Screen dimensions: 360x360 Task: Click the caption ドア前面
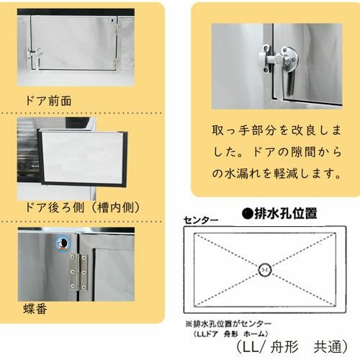coord(48,101)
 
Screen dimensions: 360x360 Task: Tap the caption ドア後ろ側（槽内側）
coord(83,207)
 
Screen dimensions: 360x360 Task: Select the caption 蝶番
coord(35,309)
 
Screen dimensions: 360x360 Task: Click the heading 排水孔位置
coord(285,213)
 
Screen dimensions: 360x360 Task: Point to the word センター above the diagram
coord(201,220)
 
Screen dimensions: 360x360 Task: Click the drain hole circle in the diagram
coord(265,270)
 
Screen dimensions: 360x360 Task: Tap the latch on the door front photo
coord(35,55)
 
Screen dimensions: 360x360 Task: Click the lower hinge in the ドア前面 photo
coord(117,64)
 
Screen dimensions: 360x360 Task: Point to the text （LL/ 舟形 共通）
coord(292,346)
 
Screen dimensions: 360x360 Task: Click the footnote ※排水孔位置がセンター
coord(228,324)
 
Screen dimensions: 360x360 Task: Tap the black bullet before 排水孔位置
coord(248,213)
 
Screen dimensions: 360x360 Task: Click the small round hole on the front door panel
coord(112,20)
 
